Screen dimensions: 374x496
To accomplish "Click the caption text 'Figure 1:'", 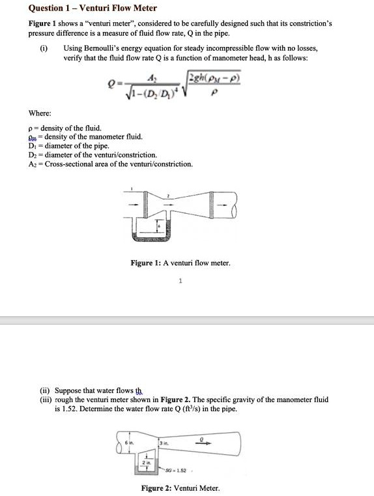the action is point(145,263).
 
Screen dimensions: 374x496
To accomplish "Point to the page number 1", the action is point(180,282).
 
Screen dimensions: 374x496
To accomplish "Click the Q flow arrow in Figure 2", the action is point(205,441).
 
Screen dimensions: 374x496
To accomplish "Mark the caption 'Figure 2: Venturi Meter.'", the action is point(180,488).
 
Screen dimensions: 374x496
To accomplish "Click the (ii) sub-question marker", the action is point(44,391).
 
